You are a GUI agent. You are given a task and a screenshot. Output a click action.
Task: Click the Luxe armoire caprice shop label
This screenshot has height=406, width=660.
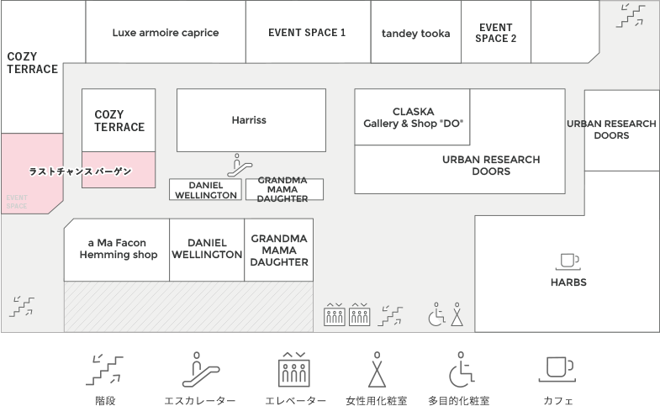pyautogui.click(x=166, y=33)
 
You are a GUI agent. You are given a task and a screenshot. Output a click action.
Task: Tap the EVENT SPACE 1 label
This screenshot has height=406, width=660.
pyautogui.click(x=307, y=33)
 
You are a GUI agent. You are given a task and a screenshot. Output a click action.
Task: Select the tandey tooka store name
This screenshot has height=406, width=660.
pyautogui.click(x=415, y=34)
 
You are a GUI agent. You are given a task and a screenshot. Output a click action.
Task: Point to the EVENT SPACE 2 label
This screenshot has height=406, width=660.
pyautogui.click(x=496, y=33)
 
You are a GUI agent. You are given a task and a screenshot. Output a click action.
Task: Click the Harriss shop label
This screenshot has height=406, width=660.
pyautogui.click(x=249, y=120)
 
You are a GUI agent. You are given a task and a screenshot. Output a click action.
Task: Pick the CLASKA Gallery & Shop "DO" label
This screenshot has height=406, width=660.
pyautogui.click(x=413, y=118)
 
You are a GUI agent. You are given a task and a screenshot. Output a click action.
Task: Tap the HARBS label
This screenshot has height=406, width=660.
pyautogui.click(x=568, y=282)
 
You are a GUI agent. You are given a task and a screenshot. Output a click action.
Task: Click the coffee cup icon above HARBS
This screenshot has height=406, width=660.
pyautogui.click(x=568, y=261)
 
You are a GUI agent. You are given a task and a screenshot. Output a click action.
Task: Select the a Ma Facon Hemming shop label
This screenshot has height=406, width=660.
pyautogui.click(x=118, y=249)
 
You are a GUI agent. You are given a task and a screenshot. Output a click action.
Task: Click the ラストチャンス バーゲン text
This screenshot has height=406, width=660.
pyautogui.click(x=81, y=171)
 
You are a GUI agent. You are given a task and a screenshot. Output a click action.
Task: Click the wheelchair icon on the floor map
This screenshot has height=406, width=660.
pyautogui.click(x=437, y=314)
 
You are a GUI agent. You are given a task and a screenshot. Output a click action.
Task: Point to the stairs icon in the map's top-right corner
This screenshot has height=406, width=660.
pyautogui.click(x=631, y=15)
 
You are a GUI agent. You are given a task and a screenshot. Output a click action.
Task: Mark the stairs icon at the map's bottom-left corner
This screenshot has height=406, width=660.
pyautogui.click(x=23, y=306)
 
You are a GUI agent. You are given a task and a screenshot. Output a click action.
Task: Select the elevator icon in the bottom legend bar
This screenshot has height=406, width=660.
pyautogui.click(x=295, y=368)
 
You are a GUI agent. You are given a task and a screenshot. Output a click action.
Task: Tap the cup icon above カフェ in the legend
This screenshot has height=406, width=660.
pyautogui.click(x=558, y=368)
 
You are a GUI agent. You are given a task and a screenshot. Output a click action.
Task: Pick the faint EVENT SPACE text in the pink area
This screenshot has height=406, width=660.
pyautogui.click(x=17, y=202)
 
